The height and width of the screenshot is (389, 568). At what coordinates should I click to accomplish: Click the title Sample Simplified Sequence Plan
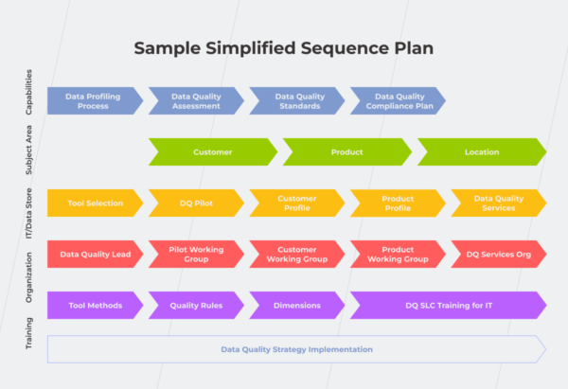(x=284, y=47)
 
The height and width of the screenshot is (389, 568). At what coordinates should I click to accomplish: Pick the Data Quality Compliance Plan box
(x=398, y=101)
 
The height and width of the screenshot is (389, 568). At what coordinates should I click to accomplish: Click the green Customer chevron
(x=212, y=151)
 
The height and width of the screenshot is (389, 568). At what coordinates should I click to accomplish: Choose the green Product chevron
(x=346, y=151)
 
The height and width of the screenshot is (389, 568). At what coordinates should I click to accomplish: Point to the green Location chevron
(x=481, y=151)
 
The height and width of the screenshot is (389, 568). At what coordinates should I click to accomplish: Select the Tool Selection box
(x=95, y=203)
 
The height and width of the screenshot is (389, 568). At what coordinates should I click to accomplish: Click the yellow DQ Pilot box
(x=195, y=203)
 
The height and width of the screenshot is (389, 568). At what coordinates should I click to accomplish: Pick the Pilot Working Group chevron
(x=195, y=254)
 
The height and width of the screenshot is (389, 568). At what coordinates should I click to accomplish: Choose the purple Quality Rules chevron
(x=195, y=305)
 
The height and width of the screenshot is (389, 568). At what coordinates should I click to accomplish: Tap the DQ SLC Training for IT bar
(x=447, y=305)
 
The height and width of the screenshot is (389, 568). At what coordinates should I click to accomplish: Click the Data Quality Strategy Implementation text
(x=296, y=349)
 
